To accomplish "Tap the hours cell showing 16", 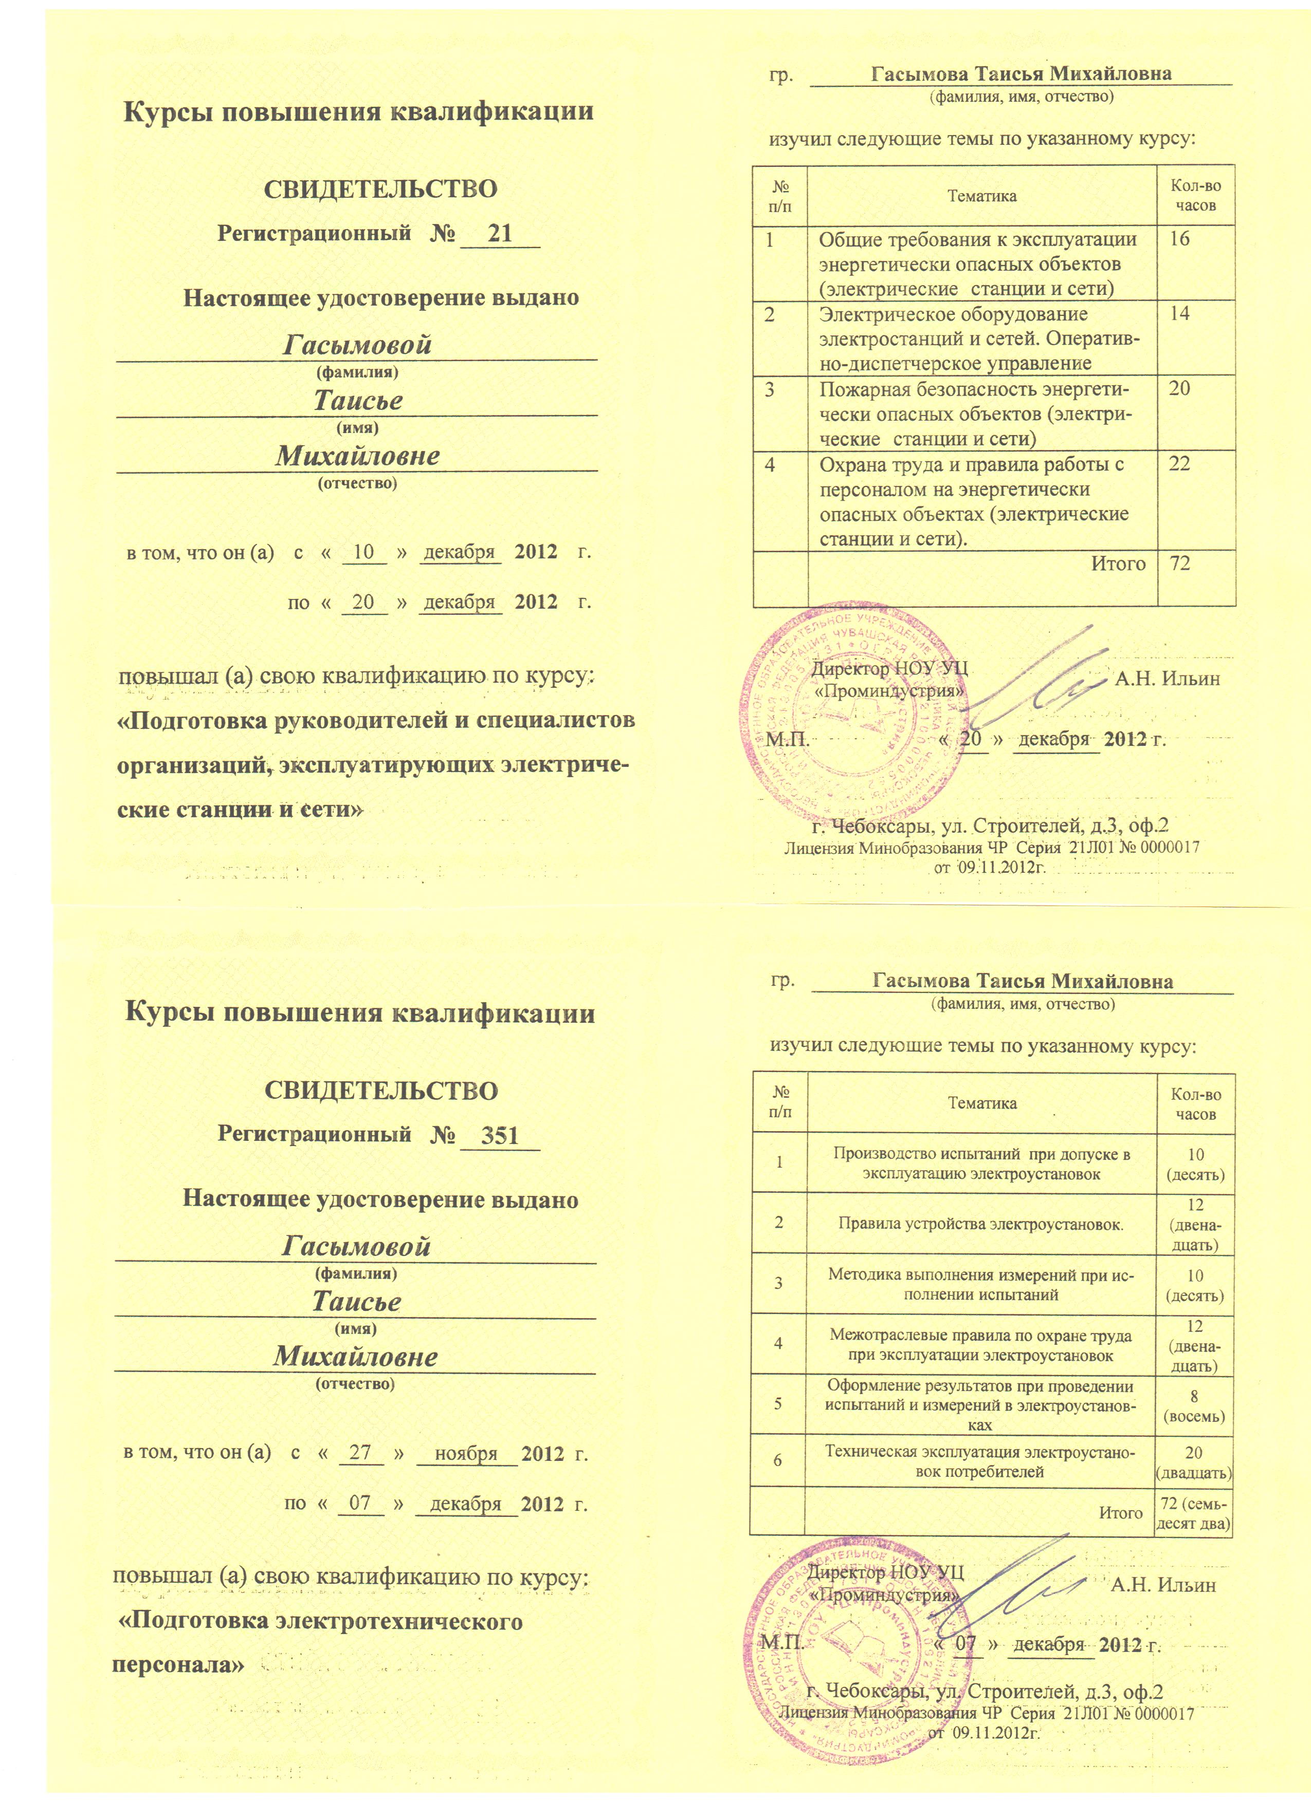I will (x=1180, y=239).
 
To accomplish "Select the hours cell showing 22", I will (x=1180, y=464).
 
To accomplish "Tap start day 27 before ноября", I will (x=360, y=1452).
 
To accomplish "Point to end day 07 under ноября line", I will (x=360, y=1503).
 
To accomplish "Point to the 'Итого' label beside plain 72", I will (x=1117, y=564).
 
